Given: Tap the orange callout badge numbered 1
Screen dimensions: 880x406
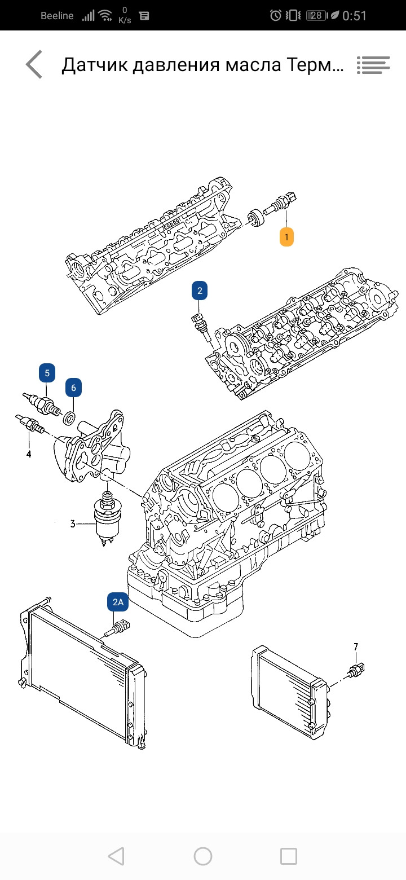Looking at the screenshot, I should click(x=286, y=237).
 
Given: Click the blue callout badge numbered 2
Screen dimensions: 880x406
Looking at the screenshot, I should click(x=199, y=291).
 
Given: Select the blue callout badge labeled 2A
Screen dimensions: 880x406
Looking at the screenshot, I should click(x=118, y=602).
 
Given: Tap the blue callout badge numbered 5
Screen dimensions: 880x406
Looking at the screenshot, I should click(x=47, y=373).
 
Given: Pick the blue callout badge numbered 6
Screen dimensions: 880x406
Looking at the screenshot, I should click(x=73, y=388).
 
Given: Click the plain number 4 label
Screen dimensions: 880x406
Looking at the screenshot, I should click(x=29, y=454).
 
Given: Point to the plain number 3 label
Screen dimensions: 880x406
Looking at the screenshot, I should click(x=73, y=524).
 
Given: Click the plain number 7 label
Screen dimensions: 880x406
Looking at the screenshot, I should click(x=356, y=646).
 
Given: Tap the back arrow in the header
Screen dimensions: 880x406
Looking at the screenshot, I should click(x=34, y=64).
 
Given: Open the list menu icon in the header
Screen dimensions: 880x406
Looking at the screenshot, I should click(x=373, y=65).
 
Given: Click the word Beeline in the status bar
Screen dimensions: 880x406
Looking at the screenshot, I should click(x=57, y=16).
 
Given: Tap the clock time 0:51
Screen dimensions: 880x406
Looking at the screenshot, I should click(x=355, y=16).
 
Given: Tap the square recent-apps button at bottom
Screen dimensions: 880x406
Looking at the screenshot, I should click(x=289, y=856).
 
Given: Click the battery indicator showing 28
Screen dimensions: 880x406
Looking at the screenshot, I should click(x=317, y=16).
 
